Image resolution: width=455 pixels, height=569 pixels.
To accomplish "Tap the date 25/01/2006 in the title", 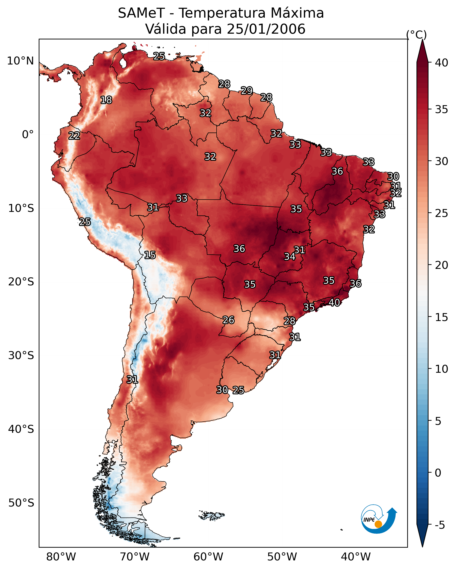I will point(266,29).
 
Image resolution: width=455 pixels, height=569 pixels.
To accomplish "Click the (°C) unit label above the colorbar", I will point(416,35).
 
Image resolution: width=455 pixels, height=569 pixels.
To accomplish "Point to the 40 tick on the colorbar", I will point(442,63).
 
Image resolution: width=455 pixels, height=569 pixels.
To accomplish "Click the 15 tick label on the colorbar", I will point(442,317).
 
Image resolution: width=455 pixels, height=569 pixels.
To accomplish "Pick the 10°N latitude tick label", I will point(20,61).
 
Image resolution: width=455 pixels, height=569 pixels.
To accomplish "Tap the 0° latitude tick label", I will point(28,135).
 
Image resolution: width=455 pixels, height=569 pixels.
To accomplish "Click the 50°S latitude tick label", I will point(21,503).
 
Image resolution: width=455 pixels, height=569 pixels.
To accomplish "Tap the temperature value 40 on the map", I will point(334,303).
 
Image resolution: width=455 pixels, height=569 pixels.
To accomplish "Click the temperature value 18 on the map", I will point(106,100).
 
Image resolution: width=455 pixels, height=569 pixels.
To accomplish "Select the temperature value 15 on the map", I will point(150,255).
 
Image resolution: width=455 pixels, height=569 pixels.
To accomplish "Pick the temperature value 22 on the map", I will point(74,136).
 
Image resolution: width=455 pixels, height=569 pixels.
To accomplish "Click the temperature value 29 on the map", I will point(247,90).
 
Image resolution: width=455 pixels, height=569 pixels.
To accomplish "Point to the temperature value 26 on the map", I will point(228,320).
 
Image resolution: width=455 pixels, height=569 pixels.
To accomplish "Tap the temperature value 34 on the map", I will point(290,257).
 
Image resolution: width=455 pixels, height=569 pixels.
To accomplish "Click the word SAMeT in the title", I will point(141,13).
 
